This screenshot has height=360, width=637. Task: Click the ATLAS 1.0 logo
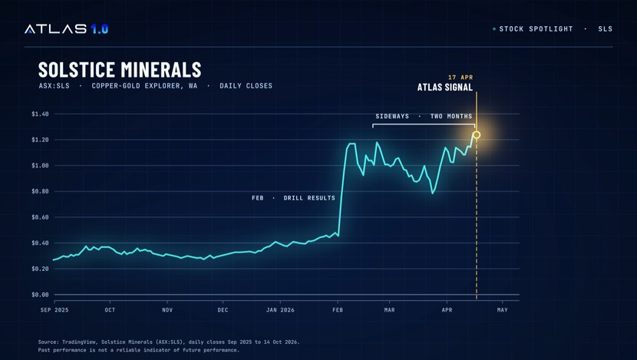pos(66,29)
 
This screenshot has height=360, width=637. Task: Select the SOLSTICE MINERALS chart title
pos(120,70)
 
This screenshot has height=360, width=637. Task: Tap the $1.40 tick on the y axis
pos(40,114)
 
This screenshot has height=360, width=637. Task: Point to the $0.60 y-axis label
pos(40,217)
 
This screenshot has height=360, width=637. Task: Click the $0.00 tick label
pos(40,295)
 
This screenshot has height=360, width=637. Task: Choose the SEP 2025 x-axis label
pos(54,310)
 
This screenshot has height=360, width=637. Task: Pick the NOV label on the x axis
pos(167,310)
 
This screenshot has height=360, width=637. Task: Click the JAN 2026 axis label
pos(280,310)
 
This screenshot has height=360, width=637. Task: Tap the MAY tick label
pos(503,310)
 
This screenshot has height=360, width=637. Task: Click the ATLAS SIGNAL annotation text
pos(445,88)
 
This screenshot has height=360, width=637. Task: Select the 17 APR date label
pos(460,78)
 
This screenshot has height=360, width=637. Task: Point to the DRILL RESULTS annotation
pos(309,198)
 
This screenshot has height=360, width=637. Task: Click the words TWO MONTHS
pos(451,116)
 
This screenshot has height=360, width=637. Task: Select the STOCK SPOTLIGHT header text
pos(536,29)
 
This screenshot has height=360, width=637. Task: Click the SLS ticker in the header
pos(606,29)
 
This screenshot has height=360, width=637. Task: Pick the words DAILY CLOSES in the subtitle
pos(246,86)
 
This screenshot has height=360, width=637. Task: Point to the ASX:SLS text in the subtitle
pos(54,86)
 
